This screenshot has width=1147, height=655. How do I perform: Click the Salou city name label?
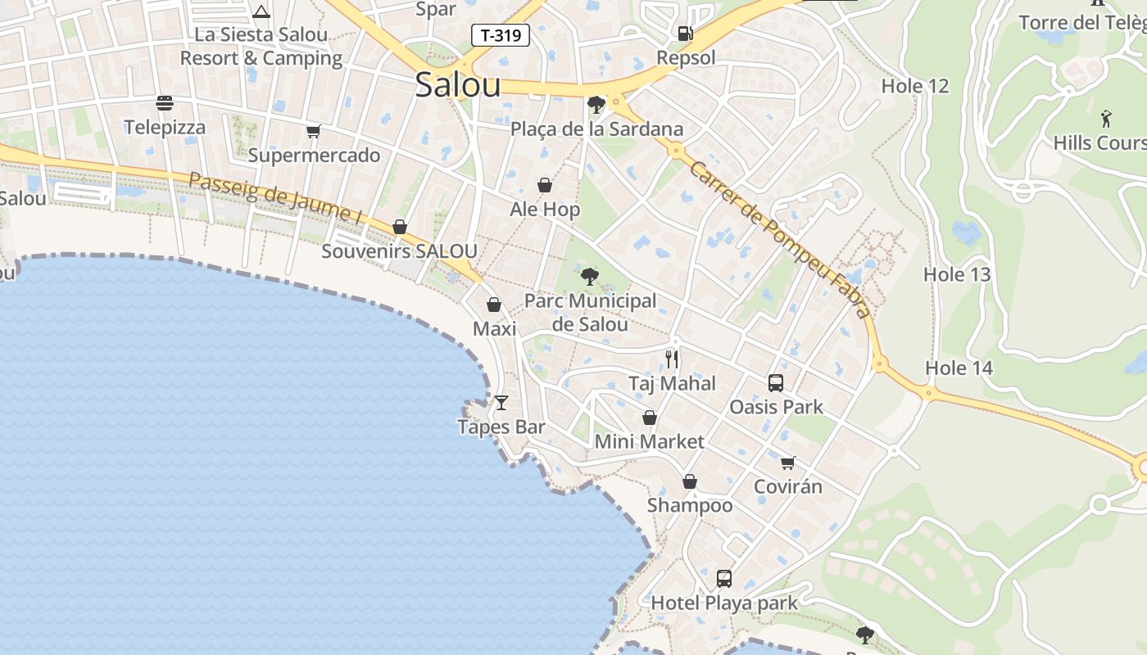[457, 84]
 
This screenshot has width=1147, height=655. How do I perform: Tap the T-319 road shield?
[501, 35]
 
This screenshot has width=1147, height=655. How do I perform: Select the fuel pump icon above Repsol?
[685, 34]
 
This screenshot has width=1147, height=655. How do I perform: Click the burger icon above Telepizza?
[165, 103]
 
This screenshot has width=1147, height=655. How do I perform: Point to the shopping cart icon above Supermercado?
[313, 131]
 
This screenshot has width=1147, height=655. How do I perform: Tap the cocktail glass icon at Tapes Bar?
[501, 402]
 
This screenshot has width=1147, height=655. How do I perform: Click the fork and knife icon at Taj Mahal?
[672, 359]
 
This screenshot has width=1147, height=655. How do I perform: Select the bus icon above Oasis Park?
[775, 382]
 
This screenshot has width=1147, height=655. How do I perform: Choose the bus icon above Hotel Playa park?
[723, 579]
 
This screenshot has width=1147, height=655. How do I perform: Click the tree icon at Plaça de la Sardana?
[596, 105]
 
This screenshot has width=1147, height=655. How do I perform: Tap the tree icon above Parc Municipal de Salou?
[589, 276]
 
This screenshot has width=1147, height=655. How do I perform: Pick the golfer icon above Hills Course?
[1106, 119]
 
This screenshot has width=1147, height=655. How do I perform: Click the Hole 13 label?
[957, 274]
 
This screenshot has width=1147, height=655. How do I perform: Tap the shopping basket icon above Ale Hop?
[545, 186]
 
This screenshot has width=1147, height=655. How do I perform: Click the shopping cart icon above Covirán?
[787, 463]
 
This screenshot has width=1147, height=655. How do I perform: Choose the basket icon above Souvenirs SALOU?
[400, 227]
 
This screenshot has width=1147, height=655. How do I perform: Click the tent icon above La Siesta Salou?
[261, 11]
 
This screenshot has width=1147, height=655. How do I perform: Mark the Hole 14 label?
[959, 368]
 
